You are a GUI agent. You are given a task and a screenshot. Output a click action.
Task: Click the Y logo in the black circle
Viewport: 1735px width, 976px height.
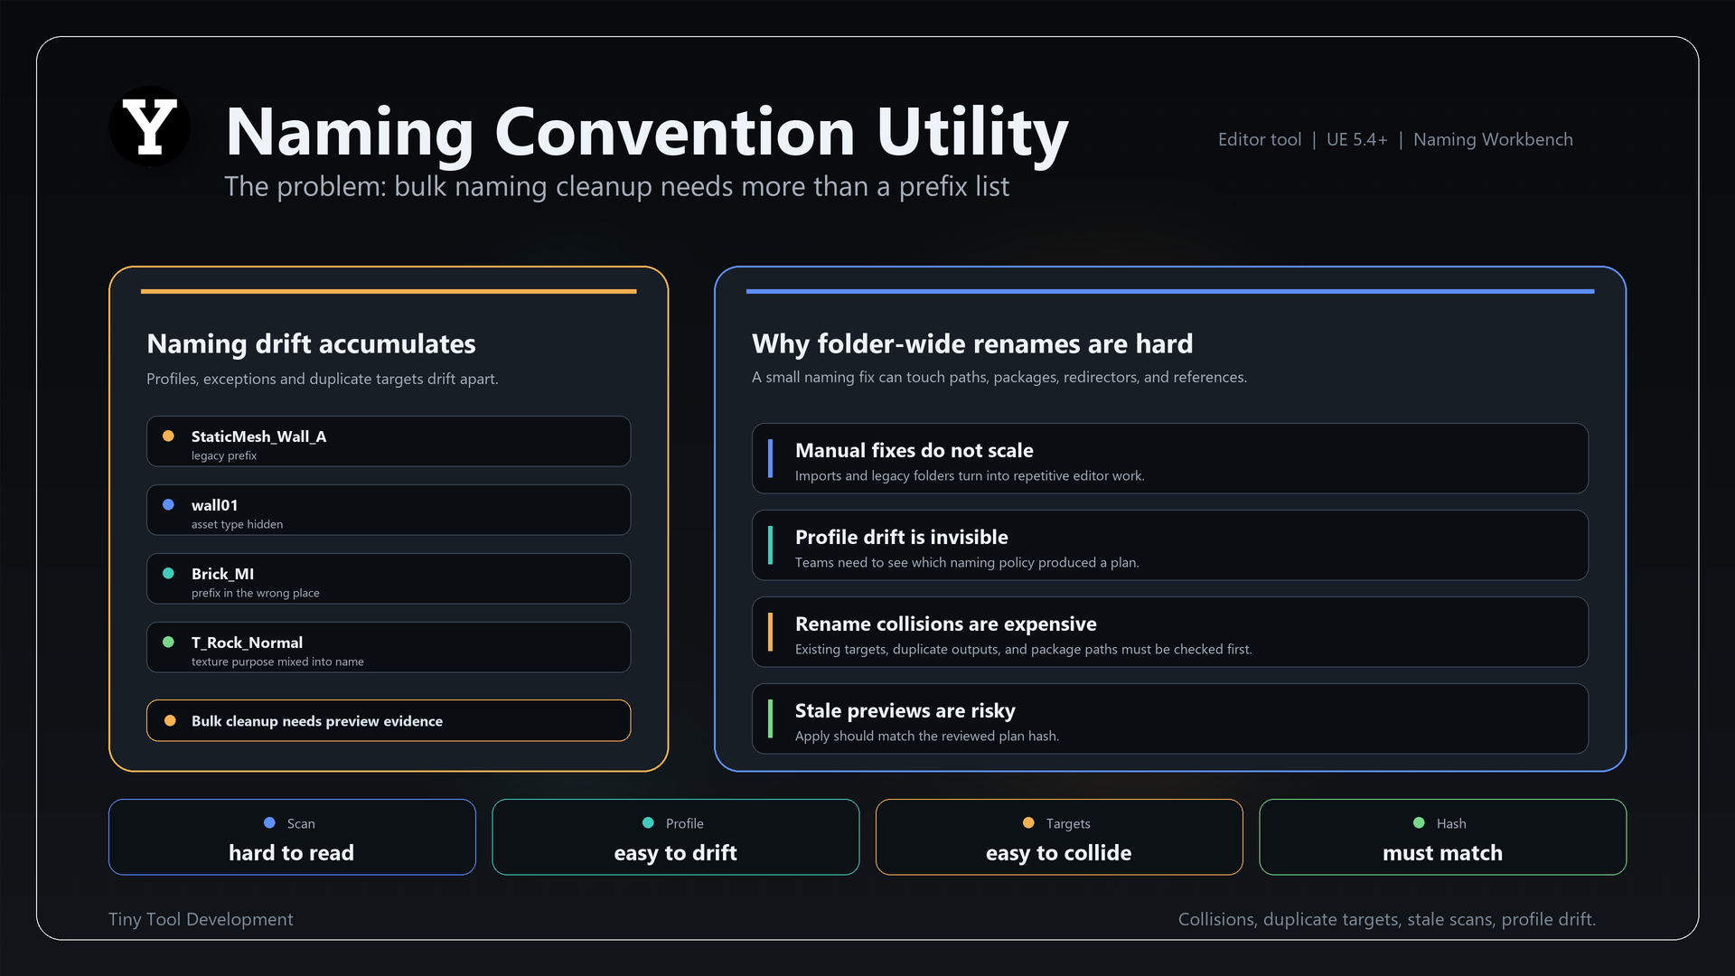(x=150, y=127)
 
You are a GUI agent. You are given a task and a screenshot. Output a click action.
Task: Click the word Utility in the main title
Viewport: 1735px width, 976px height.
(x=972, y=133)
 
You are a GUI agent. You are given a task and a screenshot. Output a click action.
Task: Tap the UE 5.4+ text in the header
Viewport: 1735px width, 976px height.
(x=1356, y=139)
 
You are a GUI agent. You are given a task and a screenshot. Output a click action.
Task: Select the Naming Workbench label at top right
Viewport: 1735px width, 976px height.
(x=1493, y=139)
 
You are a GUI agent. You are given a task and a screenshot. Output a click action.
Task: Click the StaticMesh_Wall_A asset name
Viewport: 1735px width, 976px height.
(x=258, y=436)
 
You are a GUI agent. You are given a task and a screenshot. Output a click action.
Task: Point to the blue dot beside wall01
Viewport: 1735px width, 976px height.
(x=168, y=504)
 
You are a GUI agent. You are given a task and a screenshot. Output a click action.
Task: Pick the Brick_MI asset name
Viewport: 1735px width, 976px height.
(x=222, y=574)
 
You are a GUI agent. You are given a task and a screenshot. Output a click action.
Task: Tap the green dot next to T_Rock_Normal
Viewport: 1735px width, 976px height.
(x=168, y=642)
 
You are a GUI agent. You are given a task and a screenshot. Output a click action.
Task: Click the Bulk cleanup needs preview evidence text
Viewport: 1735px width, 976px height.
(x=317, y=721)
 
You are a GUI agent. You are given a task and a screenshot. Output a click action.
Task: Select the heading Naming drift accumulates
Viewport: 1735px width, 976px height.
(x=311, y=343)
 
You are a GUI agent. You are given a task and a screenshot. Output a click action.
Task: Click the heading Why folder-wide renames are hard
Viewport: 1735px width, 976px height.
(x=972, y=343)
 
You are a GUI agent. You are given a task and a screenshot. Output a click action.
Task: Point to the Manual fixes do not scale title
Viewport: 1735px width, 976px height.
(x=914, y=450)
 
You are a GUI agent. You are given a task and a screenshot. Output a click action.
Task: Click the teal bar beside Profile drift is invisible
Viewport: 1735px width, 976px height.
(x=770, y=545)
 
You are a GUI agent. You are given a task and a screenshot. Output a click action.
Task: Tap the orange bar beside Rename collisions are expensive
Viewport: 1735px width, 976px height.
(x=770, y=632)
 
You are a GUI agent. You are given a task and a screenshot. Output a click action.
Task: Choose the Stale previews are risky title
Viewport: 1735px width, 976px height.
(x=905, y=710)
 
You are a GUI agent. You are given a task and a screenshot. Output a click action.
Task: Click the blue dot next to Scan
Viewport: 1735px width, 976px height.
(x=269, y=822)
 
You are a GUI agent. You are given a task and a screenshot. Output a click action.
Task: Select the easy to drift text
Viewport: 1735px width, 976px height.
(x=676, y=853)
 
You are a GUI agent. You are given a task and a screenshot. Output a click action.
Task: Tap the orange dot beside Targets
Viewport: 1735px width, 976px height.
(x=1028, y=822)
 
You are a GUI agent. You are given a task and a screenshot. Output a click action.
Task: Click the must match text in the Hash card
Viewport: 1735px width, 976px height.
(x=1443, y=853)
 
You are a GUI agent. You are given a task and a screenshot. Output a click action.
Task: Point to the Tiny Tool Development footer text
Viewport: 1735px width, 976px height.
(x=201, y=919)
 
